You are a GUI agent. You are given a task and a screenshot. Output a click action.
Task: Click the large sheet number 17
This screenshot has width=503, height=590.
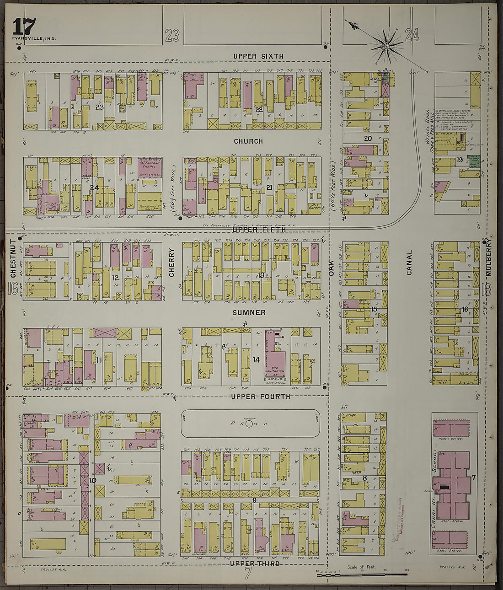point(24,27)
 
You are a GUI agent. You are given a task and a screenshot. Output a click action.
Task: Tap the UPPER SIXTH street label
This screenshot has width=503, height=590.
point(258,56)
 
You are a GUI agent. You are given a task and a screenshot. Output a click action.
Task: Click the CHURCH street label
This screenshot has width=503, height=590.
point(248,141)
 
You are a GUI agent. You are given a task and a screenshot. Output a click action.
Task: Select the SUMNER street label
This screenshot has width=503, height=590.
point(249,313)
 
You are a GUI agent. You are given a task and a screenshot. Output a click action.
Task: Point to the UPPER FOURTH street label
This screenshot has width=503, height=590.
point(260,397)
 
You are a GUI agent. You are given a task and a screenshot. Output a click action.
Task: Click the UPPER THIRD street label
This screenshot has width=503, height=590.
point(254,563)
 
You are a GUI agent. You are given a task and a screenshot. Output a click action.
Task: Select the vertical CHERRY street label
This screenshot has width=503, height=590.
point(172,263)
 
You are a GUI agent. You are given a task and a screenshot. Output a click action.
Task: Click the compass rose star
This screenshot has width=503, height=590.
point(386,45)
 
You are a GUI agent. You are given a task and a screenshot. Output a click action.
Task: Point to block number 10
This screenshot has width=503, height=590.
point(93,480)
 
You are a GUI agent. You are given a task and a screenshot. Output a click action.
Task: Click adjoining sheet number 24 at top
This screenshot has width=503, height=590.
point(412,35)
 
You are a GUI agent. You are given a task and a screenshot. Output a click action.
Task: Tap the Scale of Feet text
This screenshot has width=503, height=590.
point(361,567)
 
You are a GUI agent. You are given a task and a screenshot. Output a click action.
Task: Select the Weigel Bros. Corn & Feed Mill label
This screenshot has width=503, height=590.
point(429,127)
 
